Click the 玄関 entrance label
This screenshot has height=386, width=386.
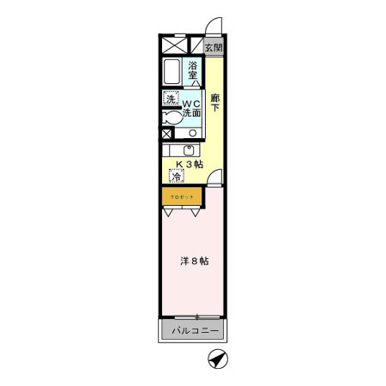point(213,47)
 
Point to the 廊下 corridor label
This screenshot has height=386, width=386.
point(215,103)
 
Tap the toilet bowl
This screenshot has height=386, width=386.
point(170,118)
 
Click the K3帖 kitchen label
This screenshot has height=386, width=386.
point(189,164)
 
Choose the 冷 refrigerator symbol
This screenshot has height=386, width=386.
point(177,178)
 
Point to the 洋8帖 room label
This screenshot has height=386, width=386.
point(193,262)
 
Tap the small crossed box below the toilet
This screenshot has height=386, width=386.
point(167,134)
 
